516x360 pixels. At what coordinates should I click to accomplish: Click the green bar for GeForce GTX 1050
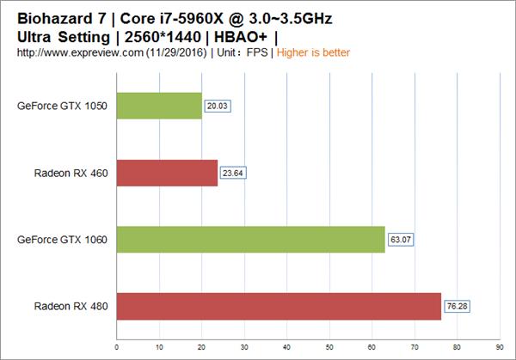coord(159,107)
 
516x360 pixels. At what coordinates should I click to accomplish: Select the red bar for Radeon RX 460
coord(167,173)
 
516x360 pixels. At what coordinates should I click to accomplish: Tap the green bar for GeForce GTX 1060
coord(250,240)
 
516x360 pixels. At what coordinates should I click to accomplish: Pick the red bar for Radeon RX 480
coord(279,306)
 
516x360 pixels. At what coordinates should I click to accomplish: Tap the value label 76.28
coord(458,306)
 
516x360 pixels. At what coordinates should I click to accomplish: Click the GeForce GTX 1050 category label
coord(62,107)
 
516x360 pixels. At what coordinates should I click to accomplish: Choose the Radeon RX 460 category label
coord(71,173)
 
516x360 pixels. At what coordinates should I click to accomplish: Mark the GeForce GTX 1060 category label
coord(62,240)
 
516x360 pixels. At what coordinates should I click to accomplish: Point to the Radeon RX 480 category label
coord(71,306)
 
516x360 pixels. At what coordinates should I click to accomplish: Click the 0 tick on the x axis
coord(116,348)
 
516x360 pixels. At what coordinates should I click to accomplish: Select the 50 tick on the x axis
coord(329,348)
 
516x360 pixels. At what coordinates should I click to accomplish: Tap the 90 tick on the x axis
coord(500,348)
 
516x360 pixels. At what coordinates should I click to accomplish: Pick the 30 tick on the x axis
coord(244,348)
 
